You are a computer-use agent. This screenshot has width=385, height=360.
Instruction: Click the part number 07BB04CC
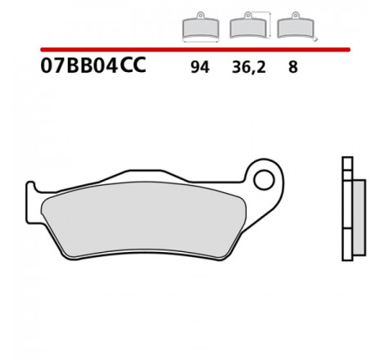93,65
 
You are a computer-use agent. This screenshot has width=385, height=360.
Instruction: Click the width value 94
200,67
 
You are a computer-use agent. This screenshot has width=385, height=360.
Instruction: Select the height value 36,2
248,67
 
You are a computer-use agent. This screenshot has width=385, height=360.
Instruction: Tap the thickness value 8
292,67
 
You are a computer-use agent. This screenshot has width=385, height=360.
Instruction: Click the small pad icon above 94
201,27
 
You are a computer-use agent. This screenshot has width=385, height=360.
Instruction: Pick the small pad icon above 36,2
248,26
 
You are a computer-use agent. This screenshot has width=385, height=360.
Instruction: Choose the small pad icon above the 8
296,26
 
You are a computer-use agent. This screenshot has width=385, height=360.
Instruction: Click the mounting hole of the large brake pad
264,180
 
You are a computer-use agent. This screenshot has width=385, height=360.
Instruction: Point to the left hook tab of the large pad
31,202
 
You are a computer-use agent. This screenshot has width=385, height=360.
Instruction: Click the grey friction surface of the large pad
143,219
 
